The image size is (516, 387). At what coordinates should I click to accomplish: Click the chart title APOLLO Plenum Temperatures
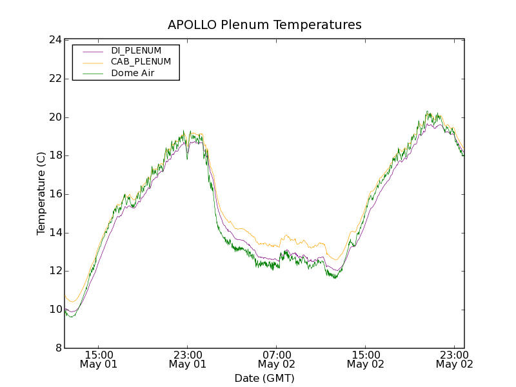(x=264, y=25)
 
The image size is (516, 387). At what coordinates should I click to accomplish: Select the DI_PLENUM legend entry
(x=136, y=50)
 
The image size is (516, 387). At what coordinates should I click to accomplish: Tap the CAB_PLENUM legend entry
(x=141, y=62)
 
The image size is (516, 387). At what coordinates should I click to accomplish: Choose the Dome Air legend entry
(x=133, y=74)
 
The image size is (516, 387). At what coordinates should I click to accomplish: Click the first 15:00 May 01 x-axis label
(x=98, y=359)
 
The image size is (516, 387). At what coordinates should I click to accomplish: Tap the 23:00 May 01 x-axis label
(x=187, y=359)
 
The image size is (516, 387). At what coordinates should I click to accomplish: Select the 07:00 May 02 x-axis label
(x=276, y=359)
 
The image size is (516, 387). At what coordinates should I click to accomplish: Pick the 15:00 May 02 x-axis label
(x=365, y=359)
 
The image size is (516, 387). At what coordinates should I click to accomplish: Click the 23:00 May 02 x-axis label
(x=454, y=359)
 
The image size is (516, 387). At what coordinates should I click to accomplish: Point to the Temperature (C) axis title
(x=41, y=193)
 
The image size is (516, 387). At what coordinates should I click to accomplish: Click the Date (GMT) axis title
(x=264, y=378)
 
